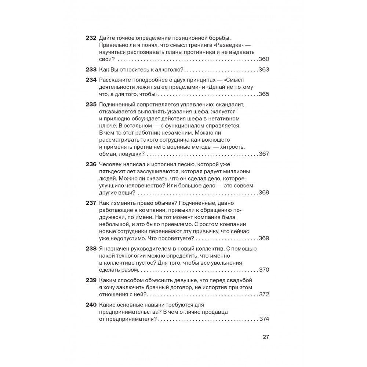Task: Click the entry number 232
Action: click(90, 39)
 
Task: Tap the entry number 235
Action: click(90, 105)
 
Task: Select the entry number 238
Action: click(90, 249)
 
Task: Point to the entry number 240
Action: click(90, 305)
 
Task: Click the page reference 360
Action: click(264, 59)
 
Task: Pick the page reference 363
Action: click(264, 70)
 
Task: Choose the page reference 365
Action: click(264, 94)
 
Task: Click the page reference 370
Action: click(264, 270)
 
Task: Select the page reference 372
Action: click(264, 294)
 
